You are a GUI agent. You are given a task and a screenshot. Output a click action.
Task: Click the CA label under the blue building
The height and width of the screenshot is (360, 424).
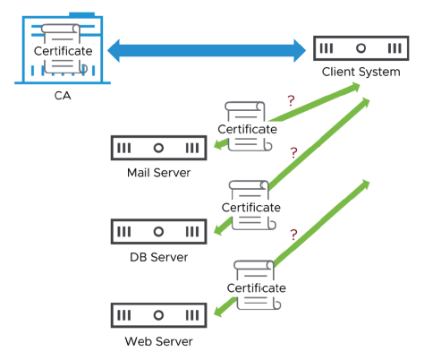62,94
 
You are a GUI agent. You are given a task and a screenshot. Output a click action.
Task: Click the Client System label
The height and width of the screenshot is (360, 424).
360,72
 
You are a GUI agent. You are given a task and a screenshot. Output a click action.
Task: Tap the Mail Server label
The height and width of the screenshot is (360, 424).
158,172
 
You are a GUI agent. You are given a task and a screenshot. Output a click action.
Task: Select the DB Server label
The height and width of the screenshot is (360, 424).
158,257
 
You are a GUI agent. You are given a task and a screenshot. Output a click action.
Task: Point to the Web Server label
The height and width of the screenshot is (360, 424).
158,341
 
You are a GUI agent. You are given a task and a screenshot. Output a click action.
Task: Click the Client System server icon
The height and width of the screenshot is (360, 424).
360,47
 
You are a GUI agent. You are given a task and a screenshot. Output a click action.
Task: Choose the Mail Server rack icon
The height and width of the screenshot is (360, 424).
158,147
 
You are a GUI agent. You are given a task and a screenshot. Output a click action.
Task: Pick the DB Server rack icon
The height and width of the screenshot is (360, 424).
158,231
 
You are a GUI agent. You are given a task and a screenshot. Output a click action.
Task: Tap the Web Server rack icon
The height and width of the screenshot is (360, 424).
158,315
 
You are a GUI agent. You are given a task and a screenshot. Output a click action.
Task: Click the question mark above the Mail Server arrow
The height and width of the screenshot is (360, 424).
290,101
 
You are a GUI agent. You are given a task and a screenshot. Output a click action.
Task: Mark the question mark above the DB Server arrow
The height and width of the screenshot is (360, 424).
293,154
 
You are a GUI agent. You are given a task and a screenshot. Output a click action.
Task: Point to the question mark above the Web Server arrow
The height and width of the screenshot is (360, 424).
293,236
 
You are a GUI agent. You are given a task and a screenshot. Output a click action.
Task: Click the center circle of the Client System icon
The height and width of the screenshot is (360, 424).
360,47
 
